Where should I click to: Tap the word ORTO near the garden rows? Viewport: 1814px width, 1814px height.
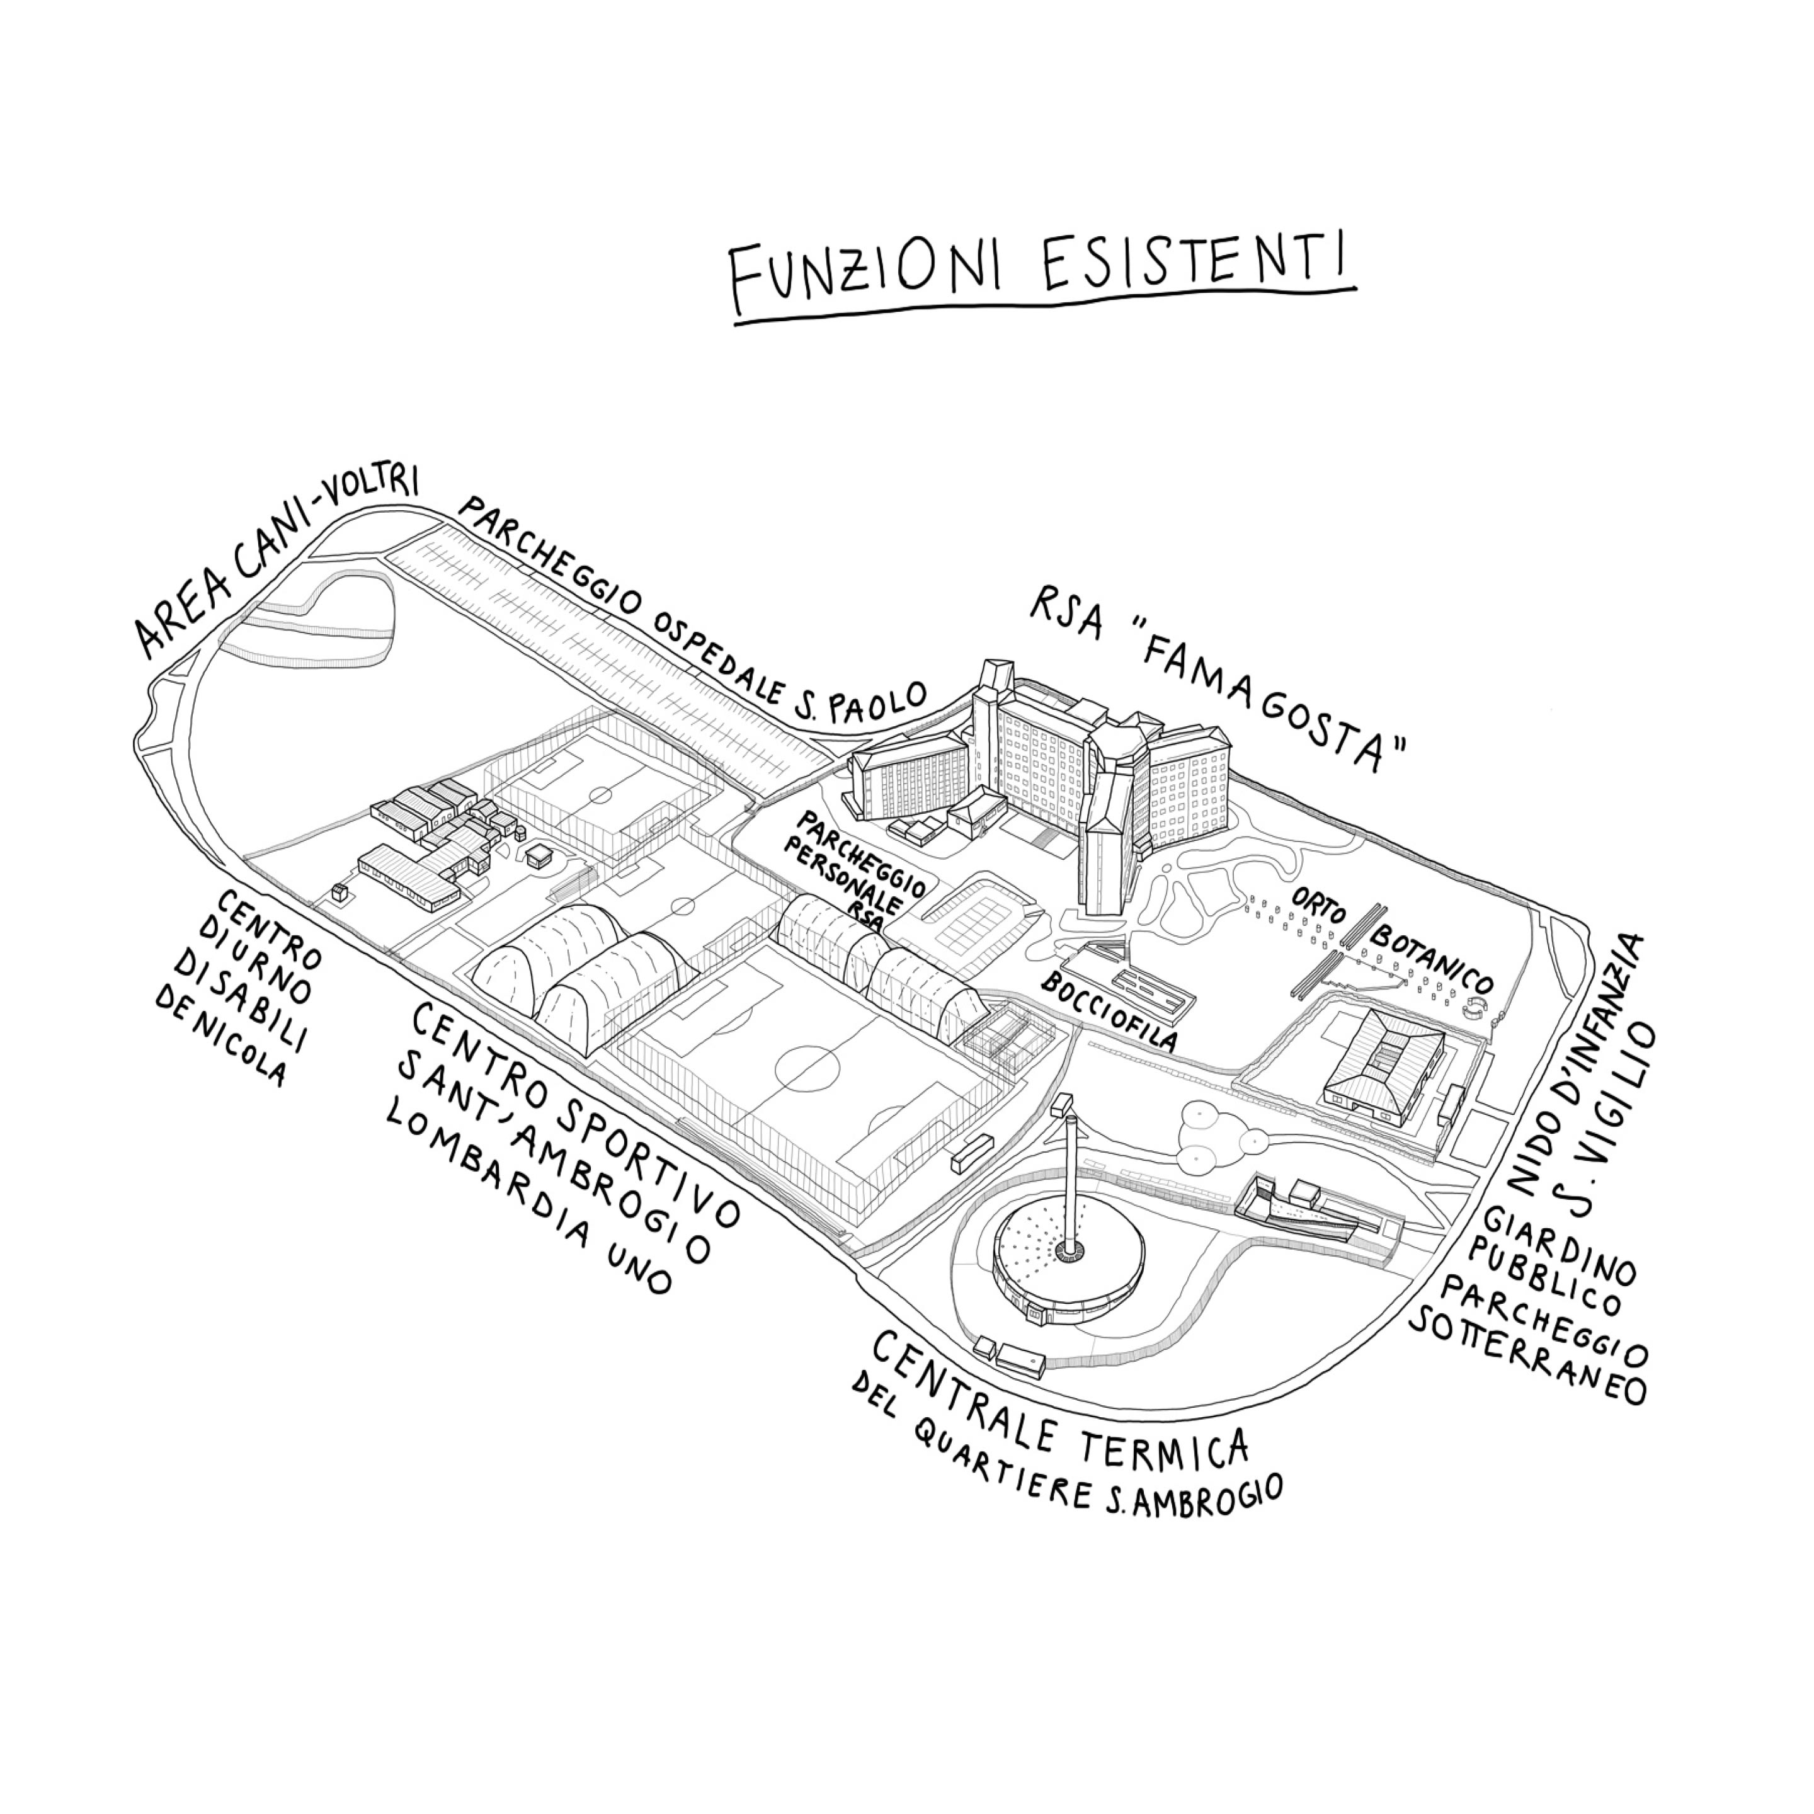tap(1318, 906)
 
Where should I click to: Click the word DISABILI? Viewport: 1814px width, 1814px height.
tap(239, 1004)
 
